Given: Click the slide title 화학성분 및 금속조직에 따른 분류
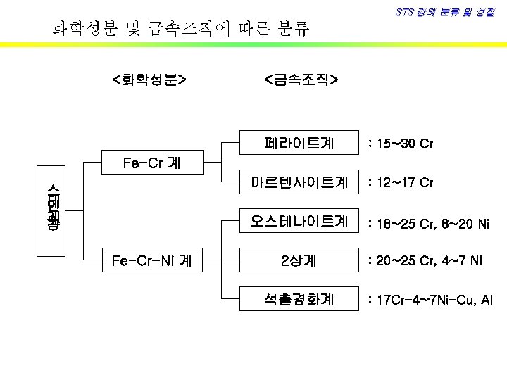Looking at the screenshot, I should (x=181, y=29).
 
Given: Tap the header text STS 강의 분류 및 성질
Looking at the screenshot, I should (x=444, y=13).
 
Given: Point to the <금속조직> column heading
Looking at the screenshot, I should (x=301, y=80).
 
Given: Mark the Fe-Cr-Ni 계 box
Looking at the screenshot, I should (x=151, y=261).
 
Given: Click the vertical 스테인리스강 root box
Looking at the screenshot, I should (x=52, y=209).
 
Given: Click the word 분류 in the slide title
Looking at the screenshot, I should (x=291, y=29).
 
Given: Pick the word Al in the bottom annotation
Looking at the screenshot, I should (x=486, y=301).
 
